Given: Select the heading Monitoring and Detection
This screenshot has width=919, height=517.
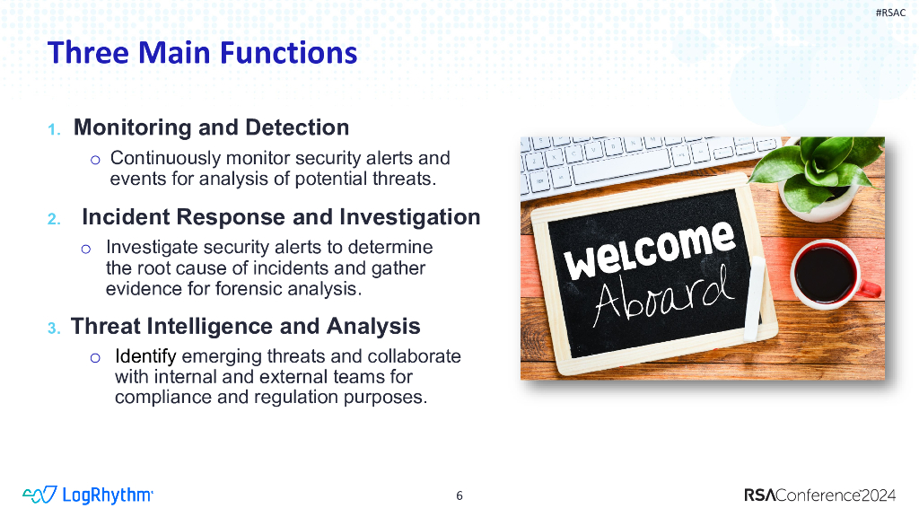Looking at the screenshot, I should click(x=211, y=127).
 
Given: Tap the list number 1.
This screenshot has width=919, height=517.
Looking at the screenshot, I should click(x=54, y=129).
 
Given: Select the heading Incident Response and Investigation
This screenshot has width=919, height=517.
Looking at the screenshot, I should click(x=281, y=217).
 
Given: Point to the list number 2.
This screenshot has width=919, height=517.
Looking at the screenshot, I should click(x=54, y=219).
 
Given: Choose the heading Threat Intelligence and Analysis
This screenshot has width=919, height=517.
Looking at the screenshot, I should click(x=245, y=326).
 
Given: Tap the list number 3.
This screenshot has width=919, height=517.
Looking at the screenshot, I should click(x=54, y=328).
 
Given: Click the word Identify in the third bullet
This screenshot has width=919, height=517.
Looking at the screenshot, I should click(x=145, y=356).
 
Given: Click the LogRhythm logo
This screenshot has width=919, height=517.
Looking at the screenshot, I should click(x=88, y=495).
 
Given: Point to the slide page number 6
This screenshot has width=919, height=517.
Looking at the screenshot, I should click(x=459, y=495).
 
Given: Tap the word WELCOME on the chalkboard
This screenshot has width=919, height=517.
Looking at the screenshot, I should click(x=648, y=250).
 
